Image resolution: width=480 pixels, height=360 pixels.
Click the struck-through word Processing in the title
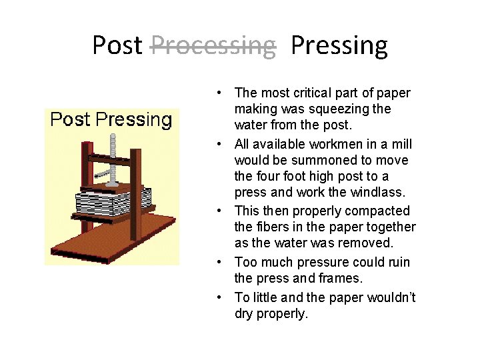213,45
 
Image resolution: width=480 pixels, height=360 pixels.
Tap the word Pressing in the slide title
339,45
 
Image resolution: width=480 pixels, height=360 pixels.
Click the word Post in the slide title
117,45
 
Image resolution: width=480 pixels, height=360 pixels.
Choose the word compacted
380,211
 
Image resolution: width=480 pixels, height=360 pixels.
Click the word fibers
274,227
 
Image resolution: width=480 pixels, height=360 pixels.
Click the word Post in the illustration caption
71,120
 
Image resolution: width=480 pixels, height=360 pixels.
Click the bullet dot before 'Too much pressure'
220,263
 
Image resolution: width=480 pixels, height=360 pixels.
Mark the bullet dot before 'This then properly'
220,211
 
